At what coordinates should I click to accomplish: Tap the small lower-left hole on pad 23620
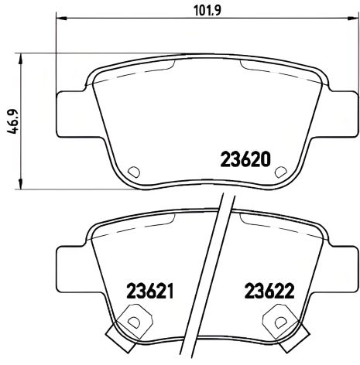pyautogui.click(x=132, y=172)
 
